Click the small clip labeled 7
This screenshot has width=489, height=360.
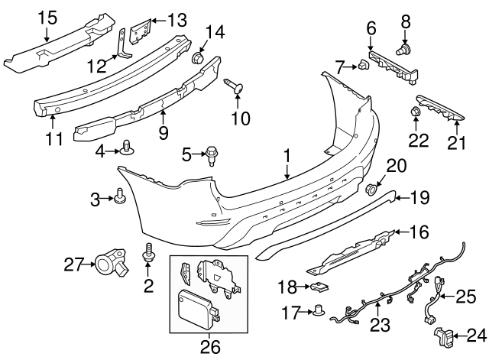coord(363,67)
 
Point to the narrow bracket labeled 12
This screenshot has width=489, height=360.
coord(121,48)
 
